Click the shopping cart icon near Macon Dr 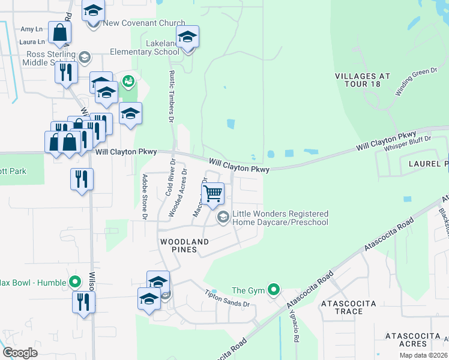pyautogui.click(x=212, y=194)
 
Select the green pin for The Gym pyautogui.click(x=274, y=290)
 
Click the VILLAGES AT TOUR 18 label pyautogui.click(x=362, y=80)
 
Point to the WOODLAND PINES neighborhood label pyautogui.click(x=184, y=245)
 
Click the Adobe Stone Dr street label pyautogui.click(x=144, y=196)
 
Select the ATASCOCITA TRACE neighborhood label pyautogui.click(x=349, y=307)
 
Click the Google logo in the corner pyautogui.click(x=20, y=353)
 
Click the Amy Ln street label pyautogui.click(x=32, y=29)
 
